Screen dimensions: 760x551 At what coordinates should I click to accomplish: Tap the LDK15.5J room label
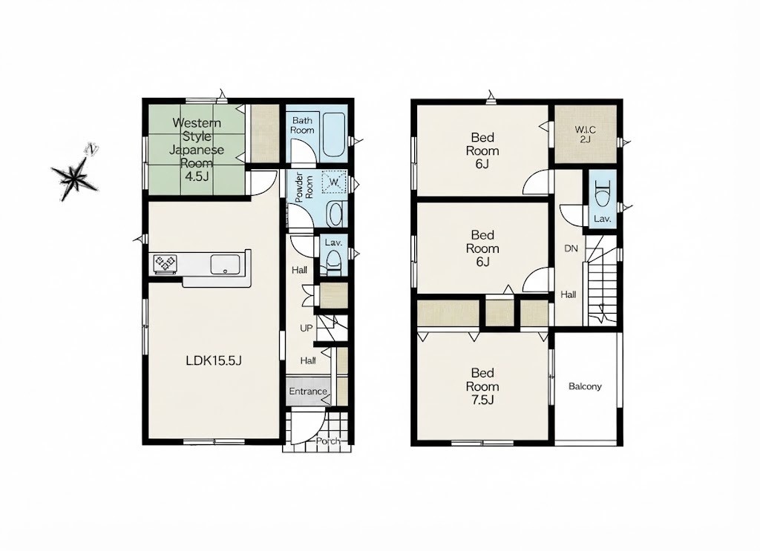click(214, 360)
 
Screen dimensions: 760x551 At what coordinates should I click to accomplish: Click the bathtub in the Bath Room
click(333, 135)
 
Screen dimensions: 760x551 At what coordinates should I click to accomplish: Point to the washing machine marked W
click(334, 182)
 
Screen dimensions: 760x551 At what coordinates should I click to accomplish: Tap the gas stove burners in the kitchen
click(165, 264)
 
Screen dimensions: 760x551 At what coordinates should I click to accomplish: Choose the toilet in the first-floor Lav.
click(333, 264)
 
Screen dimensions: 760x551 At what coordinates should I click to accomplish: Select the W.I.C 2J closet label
click(585, 135)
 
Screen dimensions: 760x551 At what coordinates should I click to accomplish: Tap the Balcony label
click(585, 386)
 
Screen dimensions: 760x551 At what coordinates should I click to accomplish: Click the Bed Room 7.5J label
click(482, 386)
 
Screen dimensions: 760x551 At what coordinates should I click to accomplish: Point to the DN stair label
click(571, 248)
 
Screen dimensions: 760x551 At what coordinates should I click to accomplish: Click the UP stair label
click(307, 329)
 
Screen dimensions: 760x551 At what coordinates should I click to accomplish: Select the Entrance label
click(308, 392)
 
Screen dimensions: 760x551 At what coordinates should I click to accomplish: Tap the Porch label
click(328, 441)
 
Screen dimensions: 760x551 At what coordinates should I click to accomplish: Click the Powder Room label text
click(304, 188)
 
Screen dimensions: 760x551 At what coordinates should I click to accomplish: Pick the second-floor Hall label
click(569, 294)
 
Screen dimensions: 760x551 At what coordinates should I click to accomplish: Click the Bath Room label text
click(302, 125)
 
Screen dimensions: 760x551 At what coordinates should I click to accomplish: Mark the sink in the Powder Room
click(335, 214)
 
